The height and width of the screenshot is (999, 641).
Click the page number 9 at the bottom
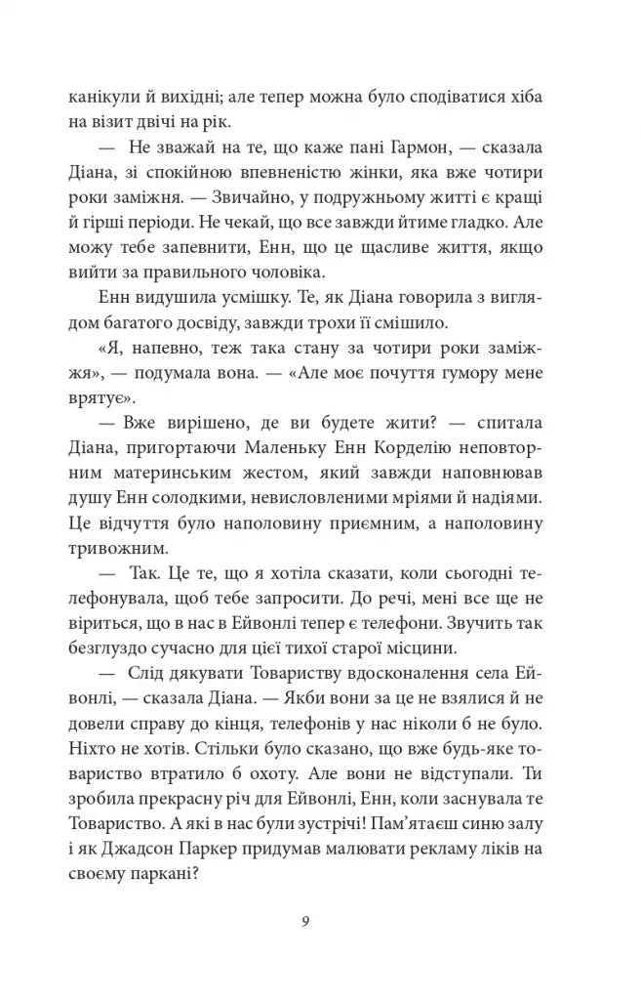click(305, 923)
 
